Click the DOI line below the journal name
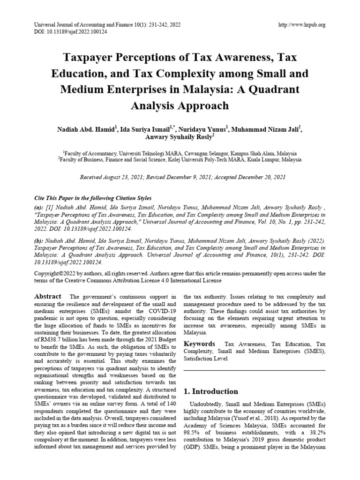[x=68, y=32]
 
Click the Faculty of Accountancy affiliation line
[x=180, y=153]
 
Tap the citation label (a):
[x=40, y=207]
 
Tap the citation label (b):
[x=40, y=240]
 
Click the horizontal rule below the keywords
[x=254, y=371]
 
